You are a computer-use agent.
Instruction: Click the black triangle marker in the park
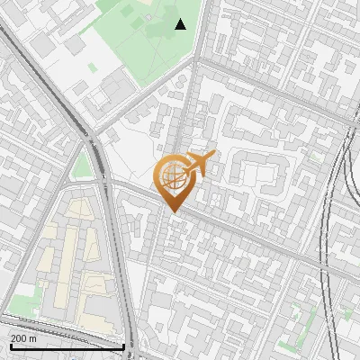pos(180,24)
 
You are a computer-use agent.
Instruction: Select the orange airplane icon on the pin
pos(201,163)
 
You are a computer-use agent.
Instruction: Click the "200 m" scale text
pos(23,338)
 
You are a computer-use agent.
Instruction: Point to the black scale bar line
pos(67,346)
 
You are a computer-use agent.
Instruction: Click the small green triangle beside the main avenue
pos(83,166)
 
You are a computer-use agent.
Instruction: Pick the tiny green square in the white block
pos(92,67)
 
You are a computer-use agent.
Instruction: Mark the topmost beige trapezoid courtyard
pos(81,209)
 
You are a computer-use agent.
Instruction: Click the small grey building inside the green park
pos(127,10)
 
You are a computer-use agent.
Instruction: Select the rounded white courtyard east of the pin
pos(261,171)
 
